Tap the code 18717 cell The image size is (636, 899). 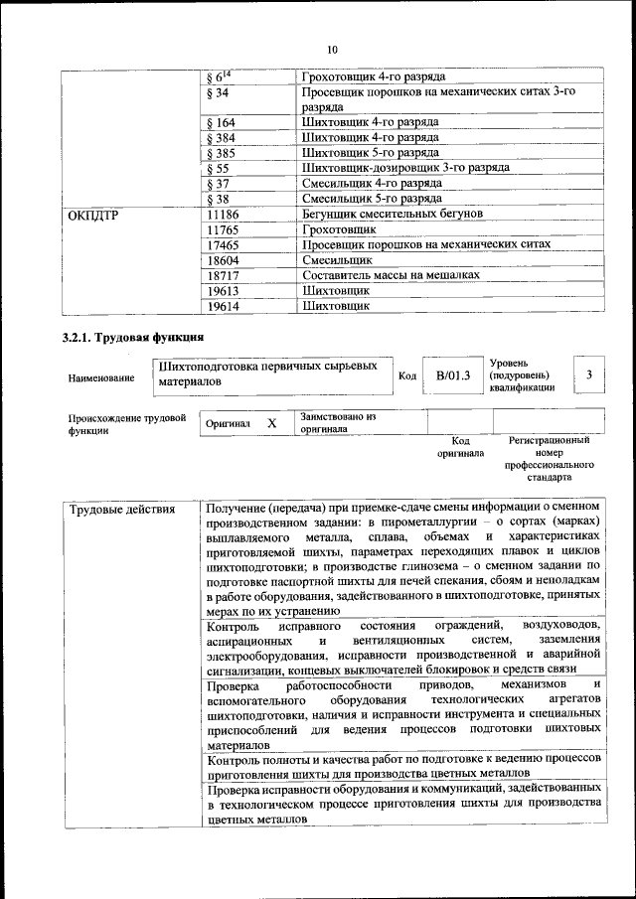224,275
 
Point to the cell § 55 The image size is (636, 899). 217,169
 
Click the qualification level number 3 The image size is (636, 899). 589,375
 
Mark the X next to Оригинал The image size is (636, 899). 271,423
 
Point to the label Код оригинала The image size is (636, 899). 460,446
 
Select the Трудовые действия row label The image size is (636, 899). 122,510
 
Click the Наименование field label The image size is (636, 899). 101,377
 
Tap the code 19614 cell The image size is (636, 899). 224,306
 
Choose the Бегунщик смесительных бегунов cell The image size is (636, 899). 393,214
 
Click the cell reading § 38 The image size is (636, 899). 217,199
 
